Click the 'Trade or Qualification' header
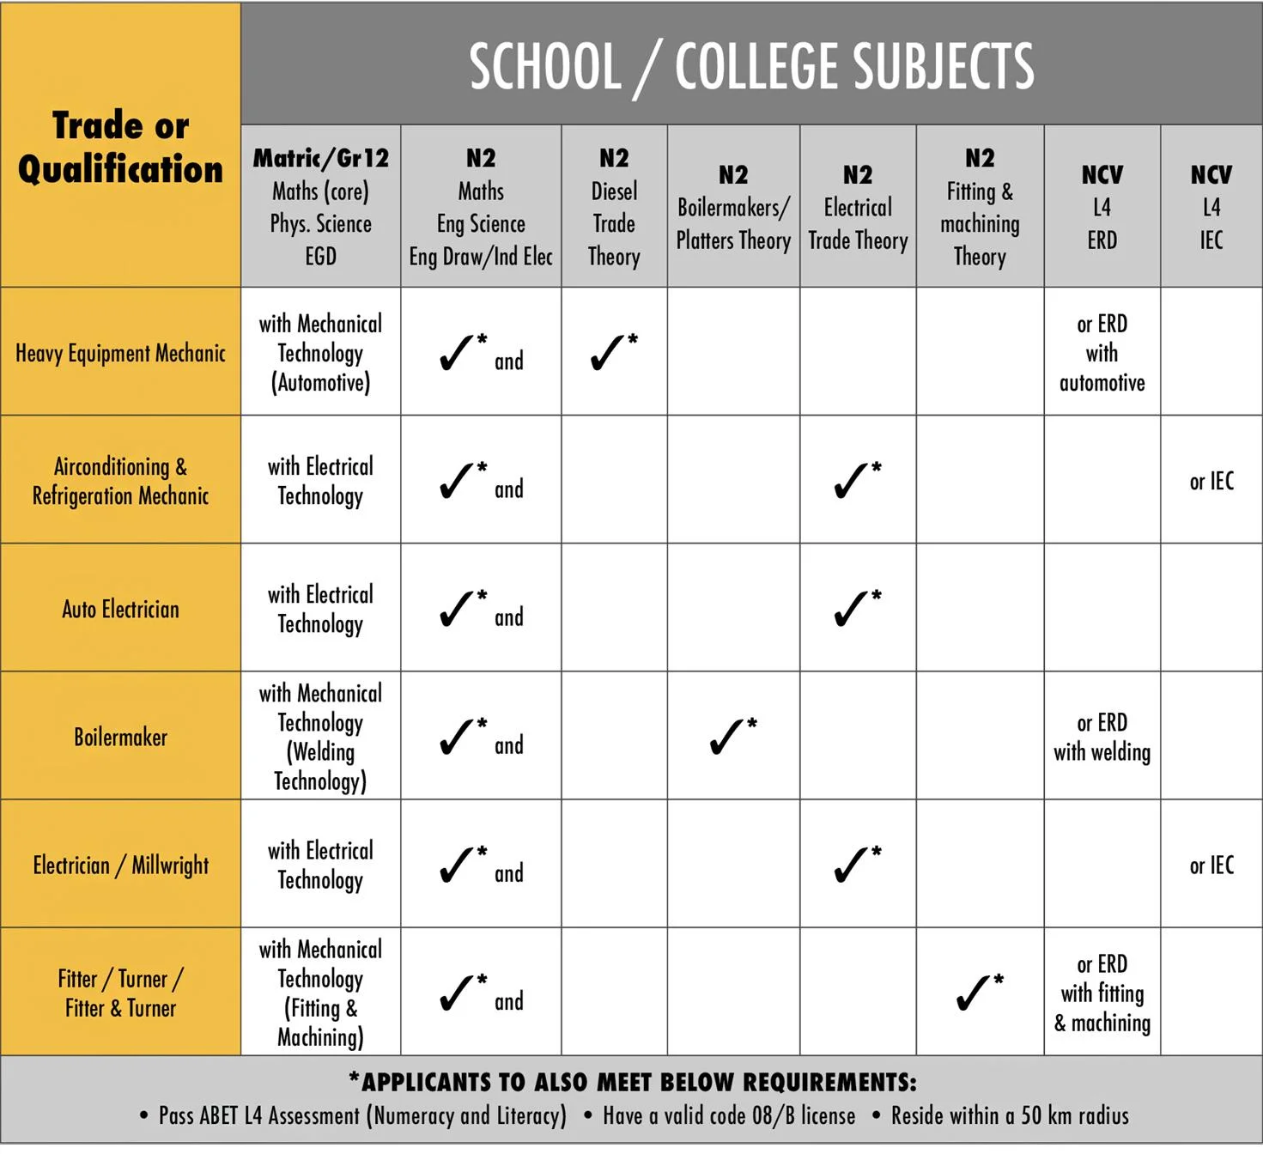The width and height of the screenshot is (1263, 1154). [120, 147]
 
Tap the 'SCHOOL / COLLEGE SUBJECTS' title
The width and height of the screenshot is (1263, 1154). [751, 66]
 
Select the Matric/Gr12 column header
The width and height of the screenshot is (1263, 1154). [320, 206]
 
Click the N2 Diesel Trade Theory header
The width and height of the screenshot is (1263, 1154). [614, 206]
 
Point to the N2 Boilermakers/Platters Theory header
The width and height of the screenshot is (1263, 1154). [733, 207]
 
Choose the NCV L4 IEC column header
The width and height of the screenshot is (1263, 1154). [1211, 207]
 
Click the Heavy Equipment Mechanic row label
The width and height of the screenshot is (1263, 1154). [120, 353]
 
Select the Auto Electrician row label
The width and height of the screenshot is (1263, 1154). [120, 609]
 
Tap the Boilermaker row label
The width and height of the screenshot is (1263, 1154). [120, 737]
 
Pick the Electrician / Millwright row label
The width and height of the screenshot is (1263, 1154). [120, 865]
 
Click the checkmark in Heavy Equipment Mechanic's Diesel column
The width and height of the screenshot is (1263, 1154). [610, 352]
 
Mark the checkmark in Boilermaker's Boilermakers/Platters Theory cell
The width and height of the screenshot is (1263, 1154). [729, 736]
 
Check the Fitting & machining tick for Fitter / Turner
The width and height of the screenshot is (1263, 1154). [975, 992]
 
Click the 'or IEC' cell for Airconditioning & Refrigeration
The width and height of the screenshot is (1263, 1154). [1211, 481]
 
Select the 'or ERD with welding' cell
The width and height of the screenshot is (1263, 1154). [1102, 737]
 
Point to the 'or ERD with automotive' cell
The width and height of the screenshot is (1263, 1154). [1102, 353]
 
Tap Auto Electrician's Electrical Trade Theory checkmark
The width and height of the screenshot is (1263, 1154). [853, 608]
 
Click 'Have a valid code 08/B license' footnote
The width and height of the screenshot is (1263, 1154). [729, 1115]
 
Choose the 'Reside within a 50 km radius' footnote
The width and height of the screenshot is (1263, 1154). [1009, 1115]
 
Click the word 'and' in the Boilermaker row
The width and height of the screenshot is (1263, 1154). [508, 745]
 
